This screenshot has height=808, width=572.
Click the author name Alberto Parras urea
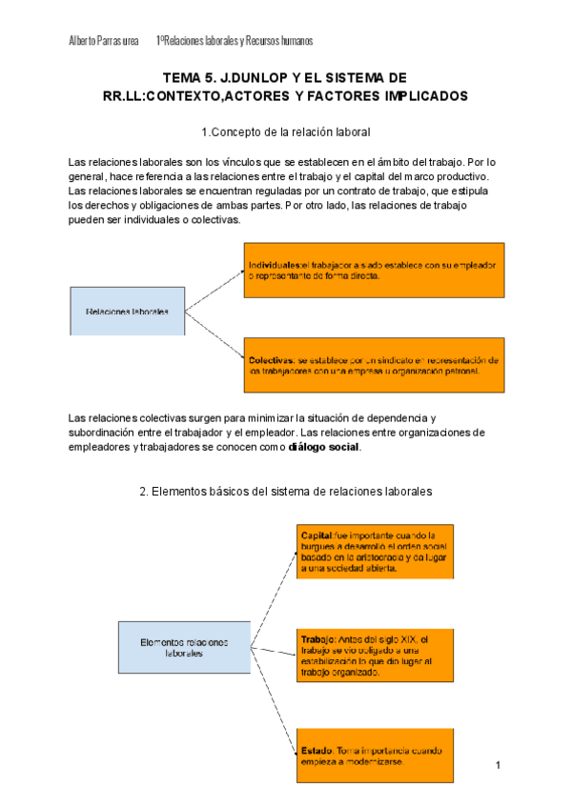104,41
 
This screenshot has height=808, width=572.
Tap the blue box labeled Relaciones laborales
128,311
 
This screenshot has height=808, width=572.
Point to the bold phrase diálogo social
325,446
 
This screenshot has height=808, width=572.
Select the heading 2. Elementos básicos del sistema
286,492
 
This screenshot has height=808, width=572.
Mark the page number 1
499,765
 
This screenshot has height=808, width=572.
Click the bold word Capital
317,535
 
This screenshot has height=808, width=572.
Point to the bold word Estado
317,751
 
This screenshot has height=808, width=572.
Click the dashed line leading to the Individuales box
214,290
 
